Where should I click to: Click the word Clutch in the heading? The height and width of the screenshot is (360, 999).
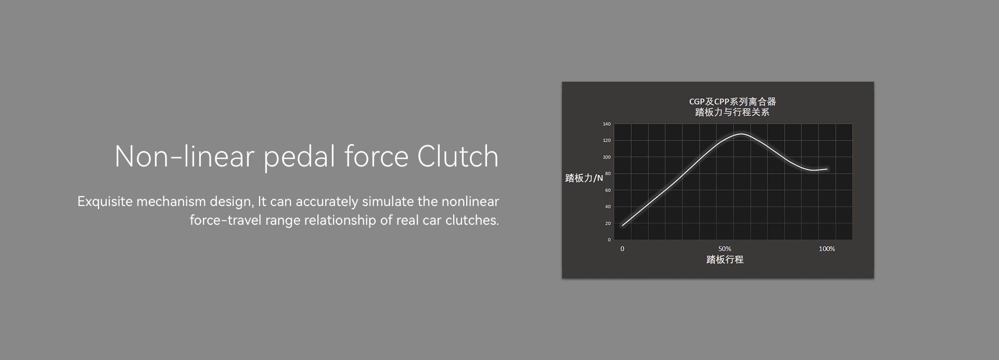click(458, 156)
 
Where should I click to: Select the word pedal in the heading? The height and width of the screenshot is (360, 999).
click(299, 158)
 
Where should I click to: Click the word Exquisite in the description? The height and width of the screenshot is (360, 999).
click(105, 202)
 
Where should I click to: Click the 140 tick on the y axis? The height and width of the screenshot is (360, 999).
click(607, 124)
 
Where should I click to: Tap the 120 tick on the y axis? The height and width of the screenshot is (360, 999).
click(607, 140)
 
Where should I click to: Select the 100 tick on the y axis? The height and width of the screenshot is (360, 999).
click(607, 157)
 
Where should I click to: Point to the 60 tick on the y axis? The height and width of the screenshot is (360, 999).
click(608, 190)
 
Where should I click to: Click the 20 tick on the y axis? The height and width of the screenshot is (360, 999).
click(608, 223)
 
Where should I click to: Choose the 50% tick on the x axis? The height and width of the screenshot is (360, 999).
click(725, 249)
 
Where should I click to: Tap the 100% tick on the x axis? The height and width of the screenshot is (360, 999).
click(827, 249)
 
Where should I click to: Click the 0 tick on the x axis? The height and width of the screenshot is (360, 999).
click(622, 249)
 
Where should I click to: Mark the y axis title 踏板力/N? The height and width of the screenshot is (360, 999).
click(584, 178)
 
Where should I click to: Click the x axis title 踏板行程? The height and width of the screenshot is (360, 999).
click(725, 259)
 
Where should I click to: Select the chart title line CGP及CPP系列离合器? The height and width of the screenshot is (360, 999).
click(733, 101)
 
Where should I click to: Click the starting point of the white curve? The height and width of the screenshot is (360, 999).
click(622, 225)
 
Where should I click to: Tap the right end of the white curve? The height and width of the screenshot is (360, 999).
click(827, 169)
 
